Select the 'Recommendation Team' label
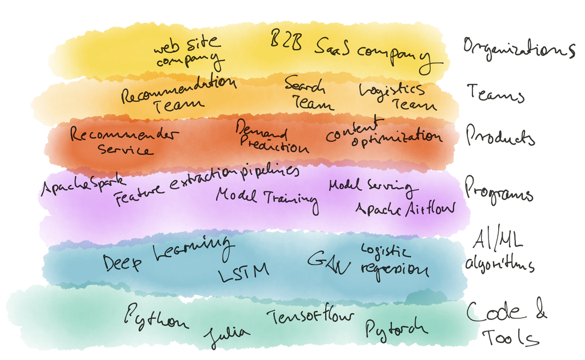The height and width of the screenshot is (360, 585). (177, 93)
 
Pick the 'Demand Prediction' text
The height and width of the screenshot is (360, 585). (272, 138)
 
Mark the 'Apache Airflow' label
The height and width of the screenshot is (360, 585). (406, 209)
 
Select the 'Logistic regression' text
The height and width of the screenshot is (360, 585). (394, 261)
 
